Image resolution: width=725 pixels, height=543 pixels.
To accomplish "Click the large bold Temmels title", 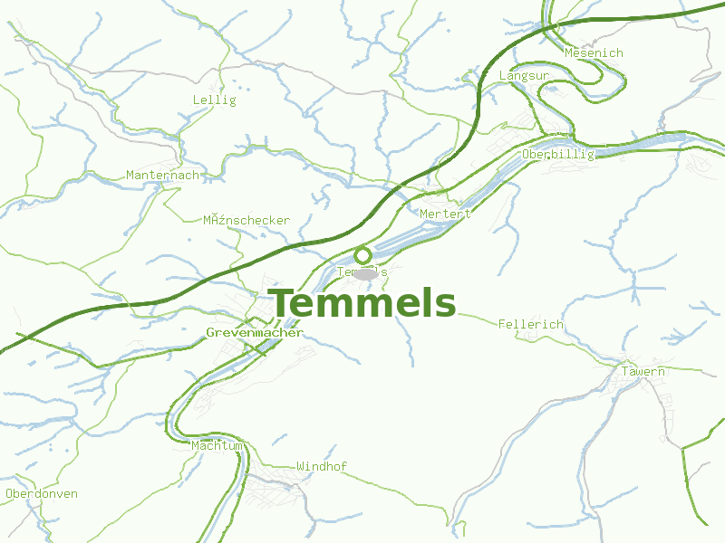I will (x=362, y=304).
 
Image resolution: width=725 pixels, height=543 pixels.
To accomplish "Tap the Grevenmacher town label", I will (x=254, y=333).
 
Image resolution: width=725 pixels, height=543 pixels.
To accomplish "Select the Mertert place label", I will (x=445, y=214).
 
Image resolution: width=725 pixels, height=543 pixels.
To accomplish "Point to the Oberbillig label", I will (x=557, y=155).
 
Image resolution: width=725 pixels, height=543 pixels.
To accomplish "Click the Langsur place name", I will (x=524, y=76).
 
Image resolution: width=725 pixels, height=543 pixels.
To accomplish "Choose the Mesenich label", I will (x=594, y=53).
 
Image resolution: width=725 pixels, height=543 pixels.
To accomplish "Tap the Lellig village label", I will (x=214, y=100).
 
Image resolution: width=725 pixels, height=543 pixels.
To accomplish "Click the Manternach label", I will (x=162, y=175).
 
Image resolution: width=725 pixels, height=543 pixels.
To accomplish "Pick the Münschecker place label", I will (x=246, y=221).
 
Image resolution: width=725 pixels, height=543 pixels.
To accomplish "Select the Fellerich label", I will (x=530, y=324).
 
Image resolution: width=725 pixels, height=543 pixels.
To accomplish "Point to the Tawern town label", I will (x=643, y=372).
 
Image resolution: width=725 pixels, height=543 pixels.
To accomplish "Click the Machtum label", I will (x=217, y=446).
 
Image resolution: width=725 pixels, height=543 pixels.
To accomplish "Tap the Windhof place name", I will (x=321, y=467).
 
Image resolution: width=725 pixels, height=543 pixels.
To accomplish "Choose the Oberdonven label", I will (x=41, y=494).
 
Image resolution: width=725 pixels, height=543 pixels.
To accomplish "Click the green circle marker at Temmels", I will (x=362, y=254).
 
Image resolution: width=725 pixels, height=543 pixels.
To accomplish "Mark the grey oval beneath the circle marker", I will (x=366, y=273).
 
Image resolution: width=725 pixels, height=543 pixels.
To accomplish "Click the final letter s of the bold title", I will (x=445, y=306).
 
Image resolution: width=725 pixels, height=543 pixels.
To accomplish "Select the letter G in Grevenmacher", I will (x=210, y=333).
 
